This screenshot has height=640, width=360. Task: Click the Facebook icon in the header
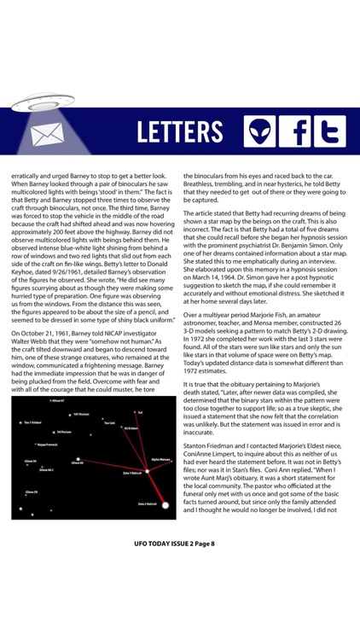295,132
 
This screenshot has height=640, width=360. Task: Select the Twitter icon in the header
329,132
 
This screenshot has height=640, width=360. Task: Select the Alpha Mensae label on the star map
161,458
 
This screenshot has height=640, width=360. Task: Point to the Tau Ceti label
109,423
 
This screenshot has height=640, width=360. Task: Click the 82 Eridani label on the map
130,428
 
